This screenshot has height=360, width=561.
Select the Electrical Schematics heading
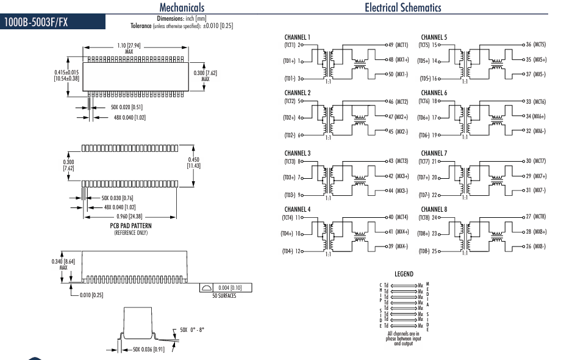point(402,7)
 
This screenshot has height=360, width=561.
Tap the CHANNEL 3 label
point(298,153)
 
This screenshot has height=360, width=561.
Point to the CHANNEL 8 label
point(434,209)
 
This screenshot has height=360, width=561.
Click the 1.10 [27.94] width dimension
point(129,48)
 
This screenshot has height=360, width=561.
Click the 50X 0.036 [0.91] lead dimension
point(149,349)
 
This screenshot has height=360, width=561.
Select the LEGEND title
point(404,274)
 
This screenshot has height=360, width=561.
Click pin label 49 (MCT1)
point(399,45)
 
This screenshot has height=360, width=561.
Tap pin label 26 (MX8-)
point(535,247)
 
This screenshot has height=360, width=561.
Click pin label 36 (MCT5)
point(535,45)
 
